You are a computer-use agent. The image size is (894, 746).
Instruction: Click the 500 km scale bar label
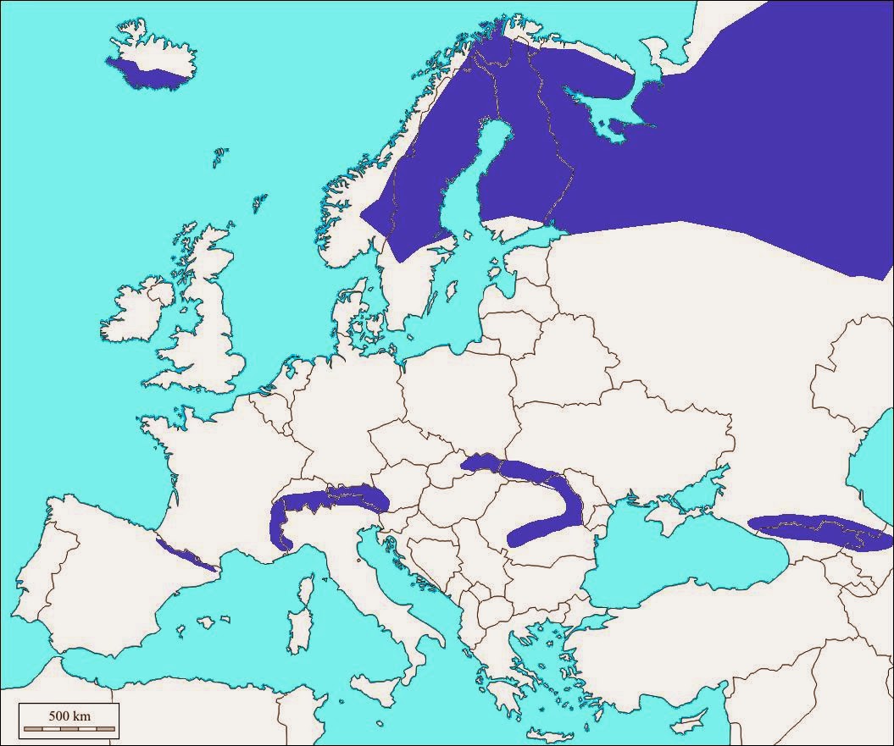(x=69, y=716)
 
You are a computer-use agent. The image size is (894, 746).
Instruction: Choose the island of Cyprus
(x=695, y=718)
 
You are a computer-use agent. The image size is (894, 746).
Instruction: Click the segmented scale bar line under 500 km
(x=69, y=728)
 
